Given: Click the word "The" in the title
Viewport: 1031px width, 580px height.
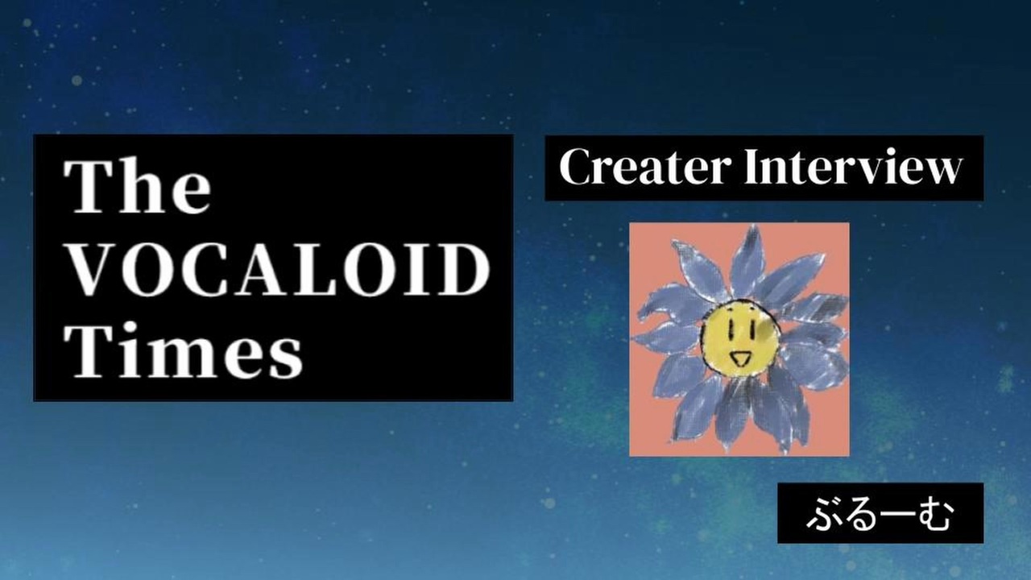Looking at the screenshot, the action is pos(137,186).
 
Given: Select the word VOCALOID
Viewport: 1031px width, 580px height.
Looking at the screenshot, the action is pos(277,269).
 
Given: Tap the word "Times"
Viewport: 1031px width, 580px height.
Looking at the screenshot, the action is pos(183,350).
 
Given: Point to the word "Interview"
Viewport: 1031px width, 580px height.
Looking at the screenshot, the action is pos(853,166).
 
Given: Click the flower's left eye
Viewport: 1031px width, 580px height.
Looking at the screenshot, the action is pos(731,327).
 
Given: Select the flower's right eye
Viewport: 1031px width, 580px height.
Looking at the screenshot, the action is pos(752,328).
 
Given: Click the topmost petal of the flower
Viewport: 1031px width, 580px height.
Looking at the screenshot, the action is pos(748,258).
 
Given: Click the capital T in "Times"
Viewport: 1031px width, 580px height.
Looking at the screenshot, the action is pos(91,350).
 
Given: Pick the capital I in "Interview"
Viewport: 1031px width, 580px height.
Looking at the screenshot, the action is pos(755,166).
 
